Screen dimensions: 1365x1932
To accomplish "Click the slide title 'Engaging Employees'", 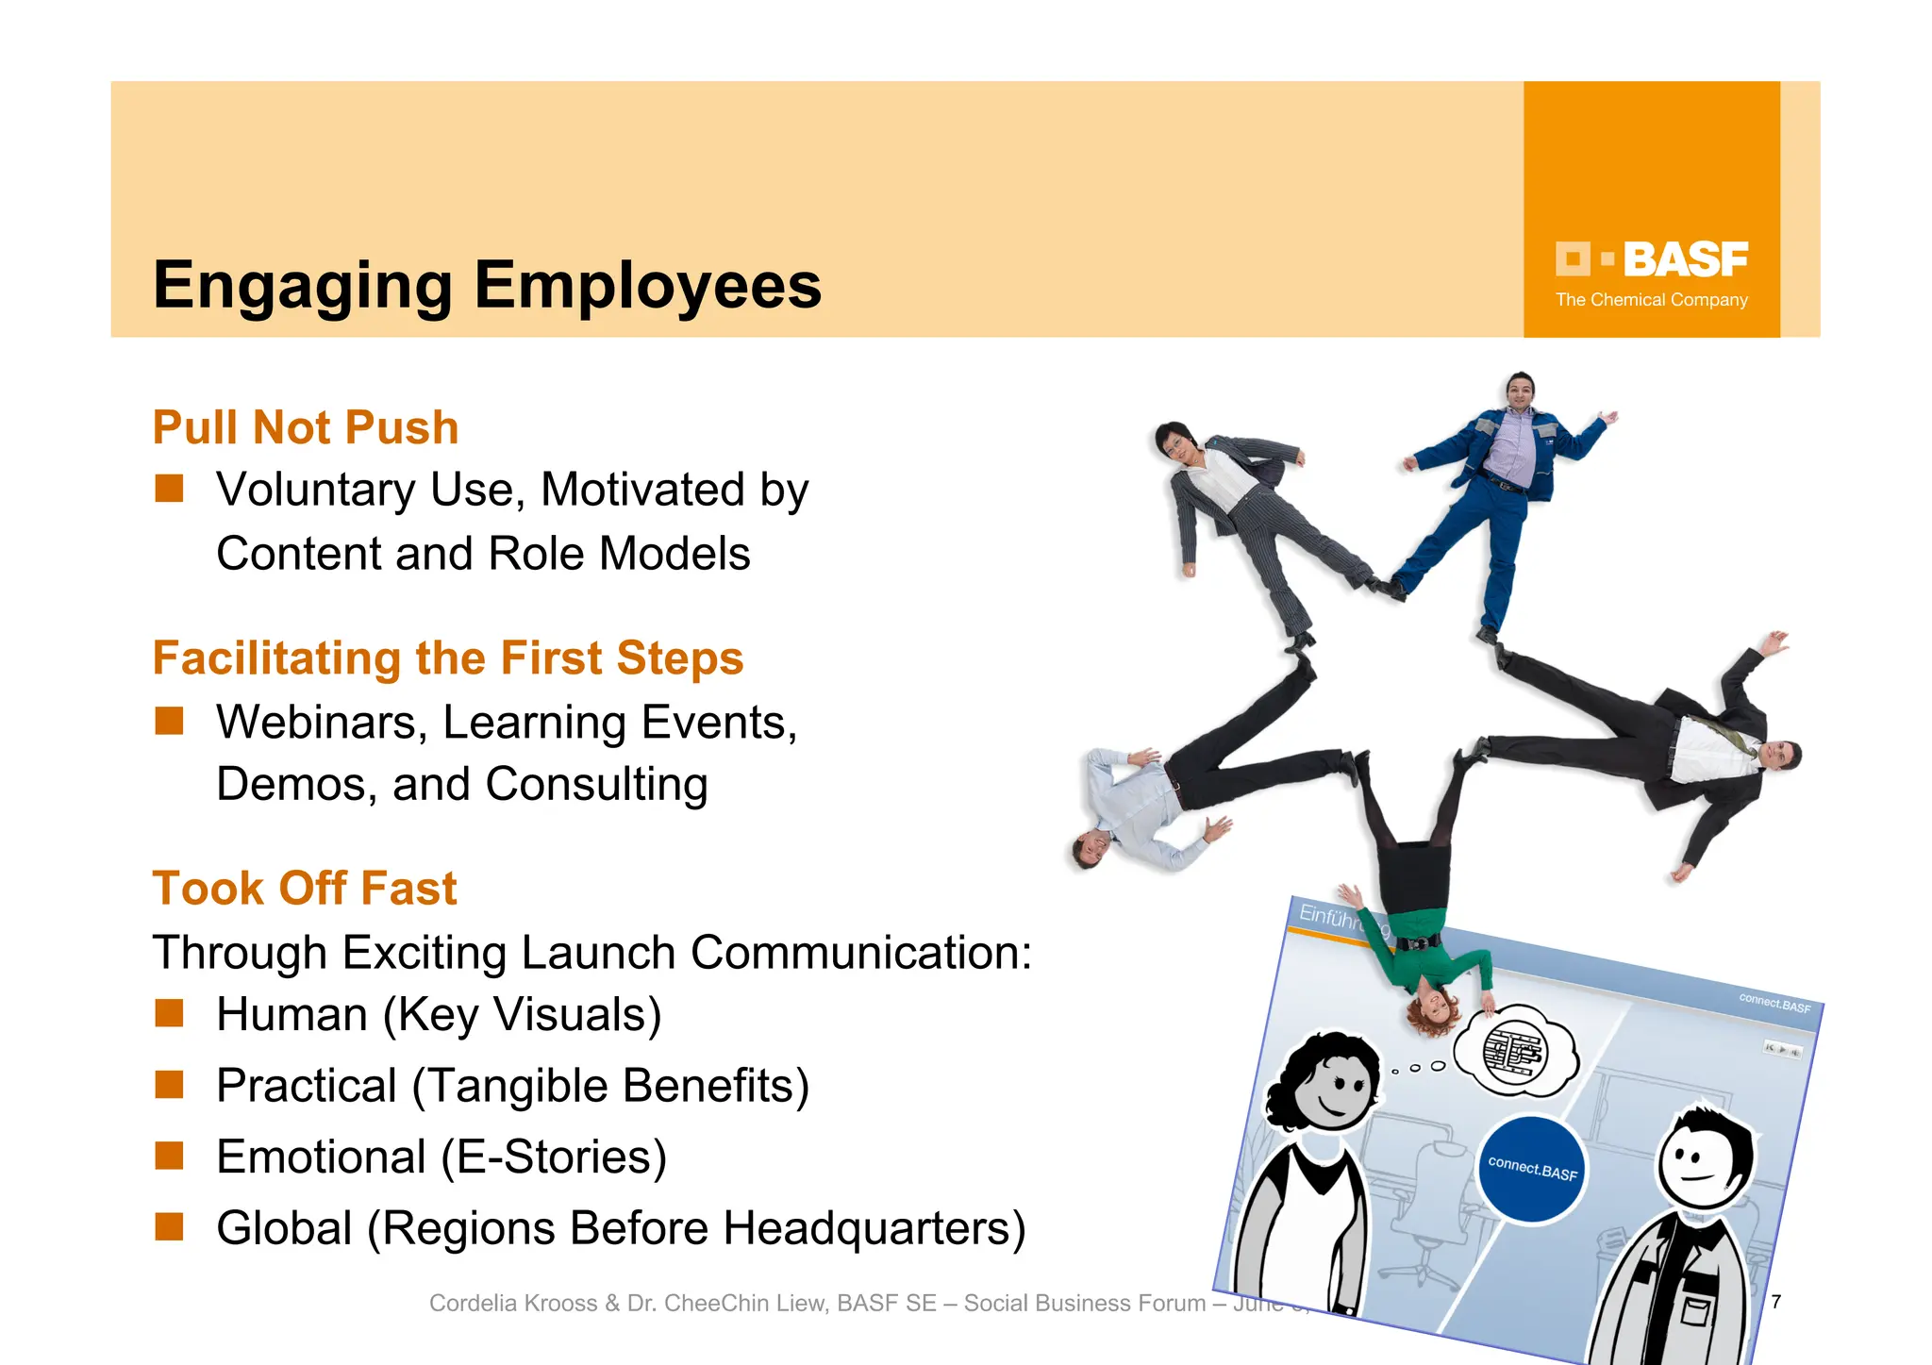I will pyautogui.click(x=487, y=285).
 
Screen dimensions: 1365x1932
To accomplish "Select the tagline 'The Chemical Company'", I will pyautogui.click(x=1651, y=300).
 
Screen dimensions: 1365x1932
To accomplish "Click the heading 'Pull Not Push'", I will pyautogui.click(x=306, y=427).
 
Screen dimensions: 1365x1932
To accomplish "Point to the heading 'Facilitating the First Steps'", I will pyautogui.click(x=448, y=658).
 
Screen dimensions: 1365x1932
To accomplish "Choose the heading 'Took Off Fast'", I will pyautogui.click(x=305, y=888).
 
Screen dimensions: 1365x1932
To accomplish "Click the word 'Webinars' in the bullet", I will pyautogui.click(x=317, y=723).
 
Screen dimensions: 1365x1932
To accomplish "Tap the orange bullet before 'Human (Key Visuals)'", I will pyautogui.click(x=170, y=1013).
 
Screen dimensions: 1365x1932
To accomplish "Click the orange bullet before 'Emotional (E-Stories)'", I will pyautogui.click(x=170, y=1156).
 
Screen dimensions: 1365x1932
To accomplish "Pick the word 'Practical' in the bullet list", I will pyautogui.click(x=307, y=1086).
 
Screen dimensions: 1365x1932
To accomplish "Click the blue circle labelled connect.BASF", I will pyautogui.click(x=1532, y=1170).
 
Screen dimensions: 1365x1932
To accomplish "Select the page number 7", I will pyautogui.click(x=1775, y=1302).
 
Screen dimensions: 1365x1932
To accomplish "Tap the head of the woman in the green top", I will pyautogui.click(x=1430, y=1012).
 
